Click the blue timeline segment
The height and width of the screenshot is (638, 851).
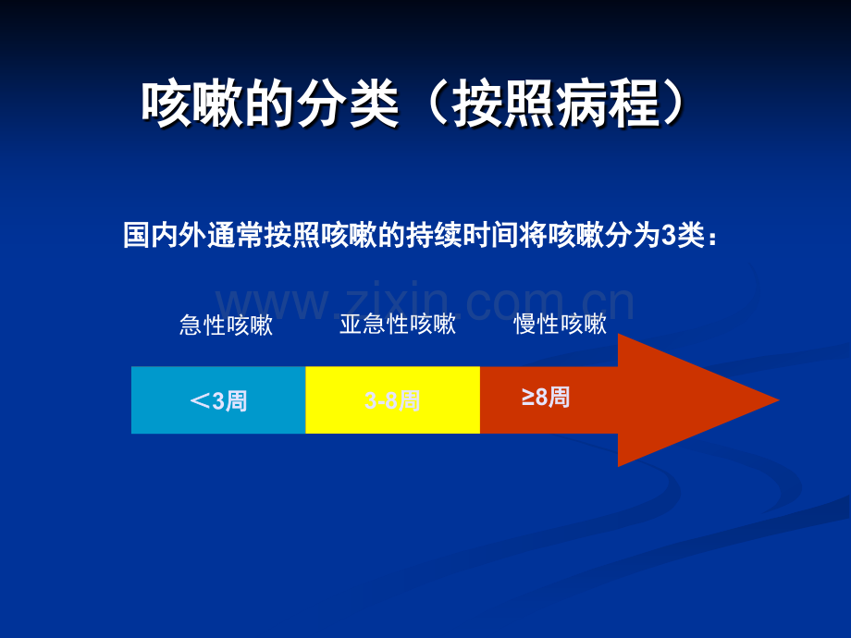tap(218, 399)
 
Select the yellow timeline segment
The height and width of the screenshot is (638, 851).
tap(392, 399)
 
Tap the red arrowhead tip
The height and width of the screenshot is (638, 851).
tap(779, 400)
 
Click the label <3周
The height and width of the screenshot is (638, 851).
tap(218, 401)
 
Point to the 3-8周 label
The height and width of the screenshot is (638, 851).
tap(392, 401)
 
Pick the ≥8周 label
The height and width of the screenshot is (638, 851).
tap(546, 397)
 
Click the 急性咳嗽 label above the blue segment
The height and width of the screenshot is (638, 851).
tap(226, 325)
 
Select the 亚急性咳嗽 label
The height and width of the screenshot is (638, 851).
tap(397, 324)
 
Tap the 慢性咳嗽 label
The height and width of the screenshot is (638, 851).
tap(561, 324)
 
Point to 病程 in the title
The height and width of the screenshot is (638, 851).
tap(609, 104)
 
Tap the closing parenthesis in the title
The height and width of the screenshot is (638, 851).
tap(673, 104)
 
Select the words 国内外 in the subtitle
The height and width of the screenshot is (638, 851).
tap(165, 235)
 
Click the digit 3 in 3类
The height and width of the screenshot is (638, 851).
tap(668, 236)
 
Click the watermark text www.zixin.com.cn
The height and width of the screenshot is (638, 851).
tap(425, 301)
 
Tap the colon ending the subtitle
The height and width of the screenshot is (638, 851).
tap(712, 239)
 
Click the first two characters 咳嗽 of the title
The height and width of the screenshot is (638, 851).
tap(192, 104)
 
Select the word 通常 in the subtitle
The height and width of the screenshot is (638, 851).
tap(236, 235)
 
